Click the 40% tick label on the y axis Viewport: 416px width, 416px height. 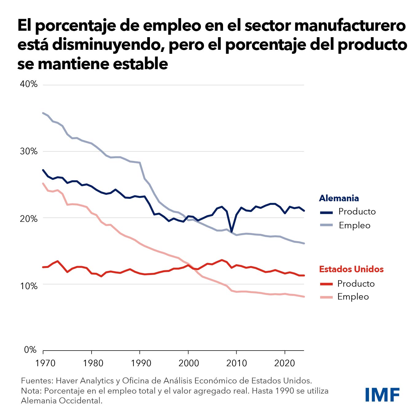point(29,84)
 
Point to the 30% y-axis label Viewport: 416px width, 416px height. point(29,151)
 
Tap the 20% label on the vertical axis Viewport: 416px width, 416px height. point(29,219)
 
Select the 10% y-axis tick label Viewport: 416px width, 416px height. point(29,286)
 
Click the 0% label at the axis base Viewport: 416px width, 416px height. point(30,350)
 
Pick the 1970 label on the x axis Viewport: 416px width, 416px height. point(45,363)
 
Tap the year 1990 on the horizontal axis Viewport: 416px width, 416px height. point(141,363)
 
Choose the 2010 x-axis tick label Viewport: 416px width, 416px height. point(237,363)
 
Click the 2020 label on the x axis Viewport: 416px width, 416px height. point(285,363)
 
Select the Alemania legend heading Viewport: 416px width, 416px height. point(339,198)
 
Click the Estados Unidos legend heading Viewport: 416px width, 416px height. point(351,269)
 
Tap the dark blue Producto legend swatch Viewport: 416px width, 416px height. point(326,212)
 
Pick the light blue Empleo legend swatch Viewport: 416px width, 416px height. point(326,225)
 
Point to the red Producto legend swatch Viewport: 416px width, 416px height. point(326,284)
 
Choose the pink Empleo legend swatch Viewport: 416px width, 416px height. point(326,297)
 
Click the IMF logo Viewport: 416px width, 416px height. point(382,395)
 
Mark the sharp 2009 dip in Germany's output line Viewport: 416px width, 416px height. point(231,231)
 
